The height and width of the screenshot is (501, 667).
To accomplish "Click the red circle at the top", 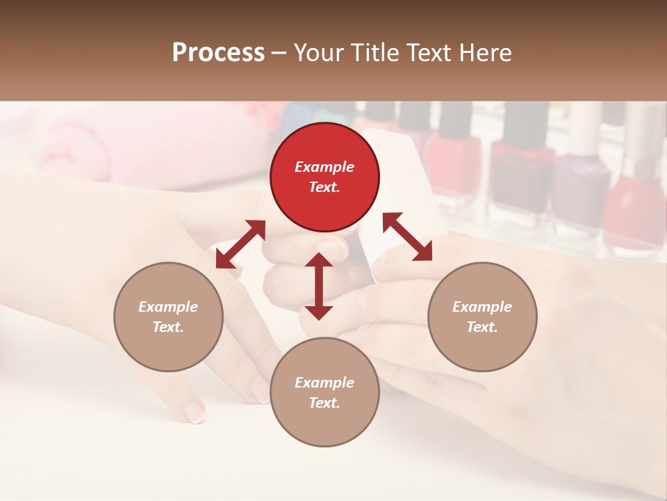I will [x=324, y=177].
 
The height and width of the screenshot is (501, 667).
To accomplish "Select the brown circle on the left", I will [x=168, y=317].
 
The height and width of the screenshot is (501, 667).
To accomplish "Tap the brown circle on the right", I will [x=482, y=317].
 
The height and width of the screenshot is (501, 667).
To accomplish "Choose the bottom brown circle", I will [x=324, y=392].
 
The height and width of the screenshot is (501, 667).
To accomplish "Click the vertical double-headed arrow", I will [x=319, y=286].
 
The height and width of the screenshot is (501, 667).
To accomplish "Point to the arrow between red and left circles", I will [x=240, y=244].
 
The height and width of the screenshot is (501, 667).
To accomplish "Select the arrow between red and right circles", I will [x=407, y=237].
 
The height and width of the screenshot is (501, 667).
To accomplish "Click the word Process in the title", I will [x=218, y=53].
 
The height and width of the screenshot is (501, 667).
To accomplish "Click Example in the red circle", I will [x=324, y=167].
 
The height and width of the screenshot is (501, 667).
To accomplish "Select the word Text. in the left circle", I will [x=168, y=327].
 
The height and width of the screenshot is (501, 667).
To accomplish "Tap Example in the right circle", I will [x=482, y=307].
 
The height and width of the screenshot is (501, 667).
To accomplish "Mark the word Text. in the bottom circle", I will [x=324, y=403].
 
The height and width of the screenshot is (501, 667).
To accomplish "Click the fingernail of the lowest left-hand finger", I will [x=195, y=413].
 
